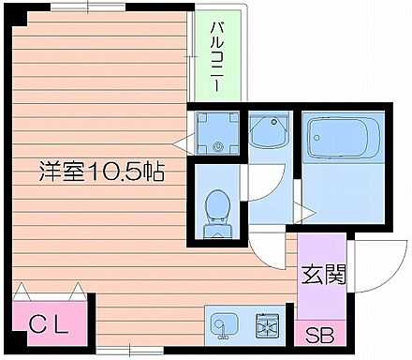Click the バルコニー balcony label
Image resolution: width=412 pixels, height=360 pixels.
[x=215, y=55]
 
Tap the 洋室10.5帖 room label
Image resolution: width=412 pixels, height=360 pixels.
[x=101, y=172]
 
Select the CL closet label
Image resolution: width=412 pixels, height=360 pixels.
[x=48, y=325]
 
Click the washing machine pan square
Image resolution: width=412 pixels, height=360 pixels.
[x=217, y=133]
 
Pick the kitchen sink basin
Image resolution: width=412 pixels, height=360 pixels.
[x=226, y=325]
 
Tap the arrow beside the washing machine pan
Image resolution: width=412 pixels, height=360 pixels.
[x=191, y=144]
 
